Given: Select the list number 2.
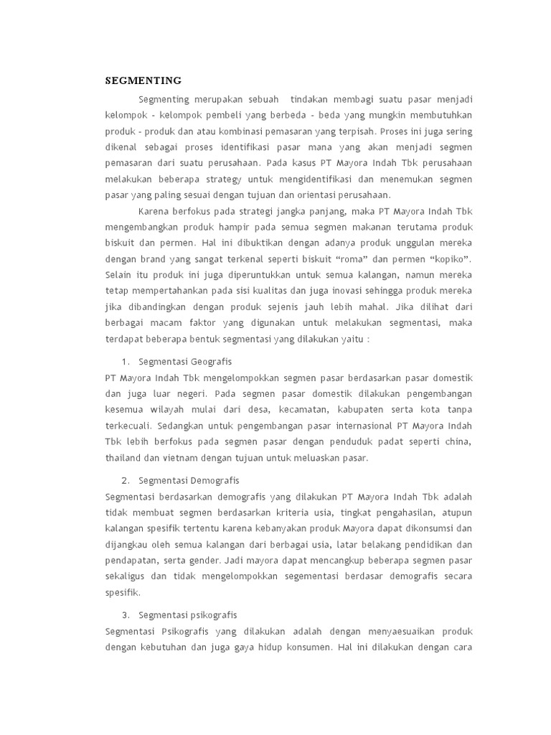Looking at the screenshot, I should pyautogui.click(x=125, y=480).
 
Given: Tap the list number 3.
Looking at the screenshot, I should pyautogui.click(x=125, y=615).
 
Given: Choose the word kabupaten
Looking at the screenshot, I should pyautogui.click(x=362, y=409).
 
